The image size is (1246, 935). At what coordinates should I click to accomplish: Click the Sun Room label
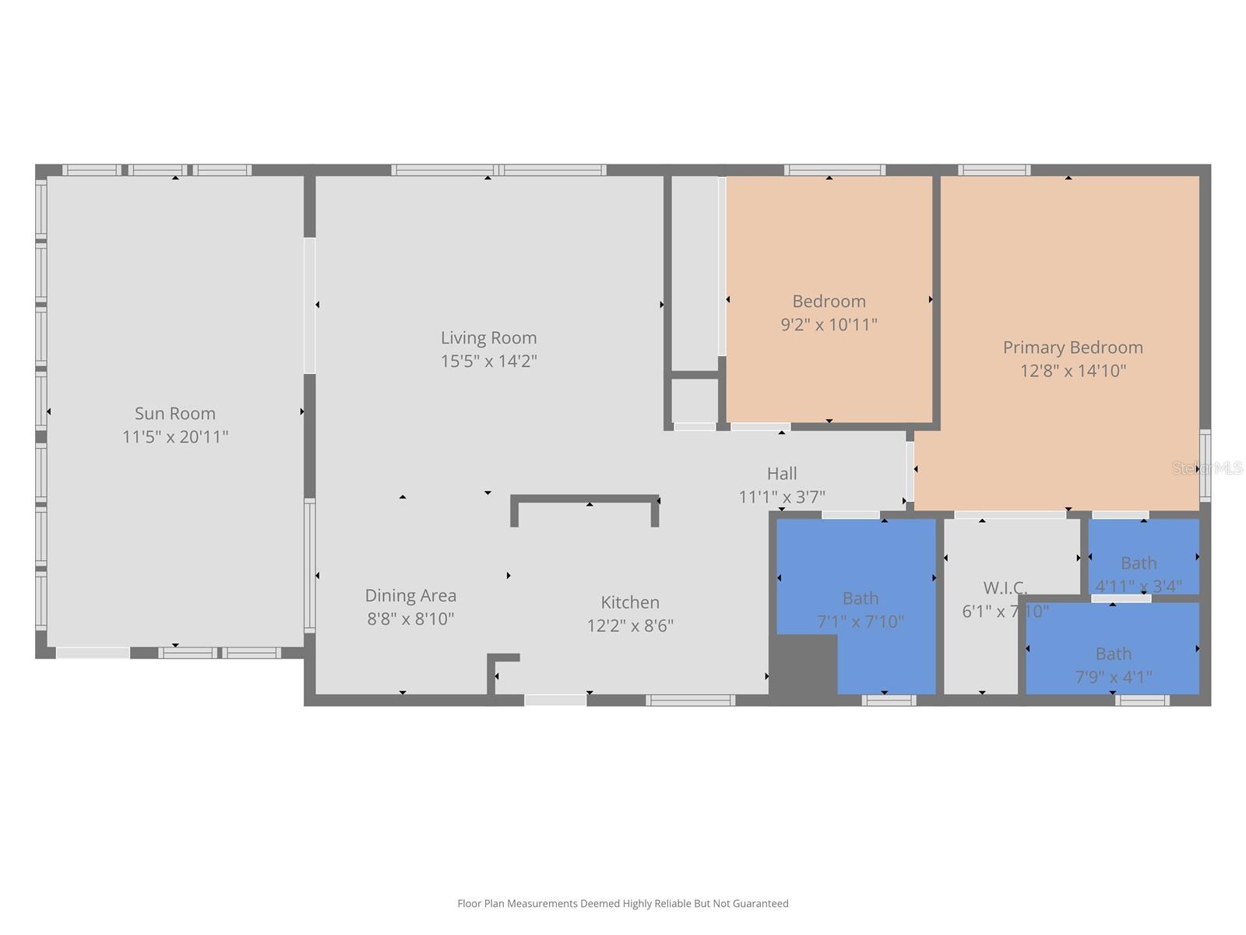pyautogui.click(x=174, y=413)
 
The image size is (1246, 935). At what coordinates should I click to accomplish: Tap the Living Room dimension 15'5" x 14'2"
pyautogui.click(x=488, y=361)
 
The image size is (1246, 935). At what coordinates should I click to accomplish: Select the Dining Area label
pyautogui.click(x=410, y=595)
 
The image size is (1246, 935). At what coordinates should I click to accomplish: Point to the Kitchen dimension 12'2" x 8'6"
pyautogui.click(x=630, y=625)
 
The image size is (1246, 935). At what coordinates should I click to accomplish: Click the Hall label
pyautogui.click(x=781, y=473)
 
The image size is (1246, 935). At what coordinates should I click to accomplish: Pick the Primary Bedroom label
pyautogui.click(x=1072, y=348)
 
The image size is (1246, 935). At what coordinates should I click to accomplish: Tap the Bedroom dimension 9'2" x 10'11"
pyautogui.click(x=829, y=324)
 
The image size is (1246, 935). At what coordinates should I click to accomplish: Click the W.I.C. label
pyautogui.click(x=1005, y=587)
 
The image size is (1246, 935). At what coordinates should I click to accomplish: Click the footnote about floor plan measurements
pyautogui.click(x=622, y=903)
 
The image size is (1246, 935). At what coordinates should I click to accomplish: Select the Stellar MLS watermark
pyautogui.click(x=1206, y=467)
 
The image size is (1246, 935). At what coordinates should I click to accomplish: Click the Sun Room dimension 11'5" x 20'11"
pyautogui.click(x=174, y=436)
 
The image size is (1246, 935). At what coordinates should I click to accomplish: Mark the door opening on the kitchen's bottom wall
pyautogui.click(x=554, y=700)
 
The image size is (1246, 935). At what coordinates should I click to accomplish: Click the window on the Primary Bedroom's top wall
pyautogui.click(x=994, y=170)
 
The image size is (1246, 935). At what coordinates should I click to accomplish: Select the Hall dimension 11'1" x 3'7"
pyautogui.click(x=781, y=496)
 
